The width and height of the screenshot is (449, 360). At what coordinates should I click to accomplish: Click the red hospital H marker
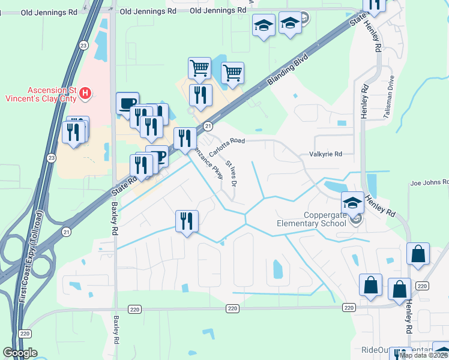[85, 93]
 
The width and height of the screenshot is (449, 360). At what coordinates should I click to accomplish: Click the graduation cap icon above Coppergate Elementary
[353, 202]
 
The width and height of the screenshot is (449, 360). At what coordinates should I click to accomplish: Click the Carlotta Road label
[228, 146]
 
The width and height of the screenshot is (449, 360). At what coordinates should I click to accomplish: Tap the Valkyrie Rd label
[325, 154]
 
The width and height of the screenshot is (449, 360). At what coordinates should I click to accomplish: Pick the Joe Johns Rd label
[429, 182]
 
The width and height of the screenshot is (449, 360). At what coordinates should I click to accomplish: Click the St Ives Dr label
[231, 173]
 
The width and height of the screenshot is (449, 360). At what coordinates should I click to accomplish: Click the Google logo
[20, 353]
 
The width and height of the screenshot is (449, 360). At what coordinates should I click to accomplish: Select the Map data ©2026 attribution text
[423, 355]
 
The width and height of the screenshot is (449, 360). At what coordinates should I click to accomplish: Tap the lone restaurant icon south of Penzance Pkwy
[187, 221]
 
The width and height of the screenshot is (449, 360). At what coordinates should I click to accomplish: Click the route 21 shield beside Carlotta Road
[208, 126]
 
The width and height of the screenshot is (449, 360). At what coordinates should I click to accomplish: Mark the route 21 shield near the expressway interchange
[66, 230]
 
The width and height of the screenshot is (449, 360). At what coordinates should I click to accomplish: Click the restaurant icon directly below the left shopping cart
[200, 95]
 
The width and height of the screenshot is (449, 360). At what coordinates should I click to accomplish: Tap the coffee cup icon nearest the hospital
[127, 103]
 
